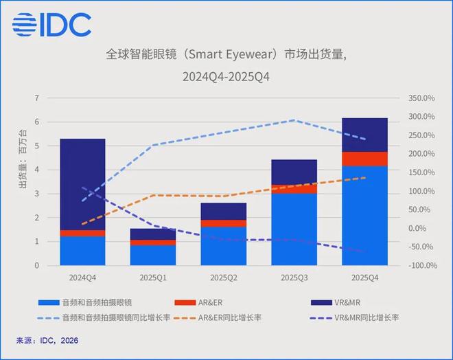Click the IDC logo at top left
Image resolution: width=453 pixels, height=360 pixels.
(51, 25)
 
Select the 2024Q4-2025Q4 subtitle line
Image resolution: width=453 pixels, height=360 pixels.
(226, 76)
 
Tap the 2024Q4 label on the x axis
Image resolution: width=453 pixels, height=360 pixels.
(82, 278)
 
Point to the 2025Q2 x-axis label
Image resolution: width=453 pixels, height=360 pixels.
(223, 278)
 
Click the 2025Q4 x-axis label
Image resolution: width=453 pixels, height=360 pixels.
(364, 278)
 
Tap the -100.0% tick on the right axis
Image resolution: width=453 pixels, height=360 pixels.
(421, 266)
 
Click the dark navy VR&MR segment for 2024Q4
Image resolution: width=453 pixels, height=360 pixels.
(82, 184)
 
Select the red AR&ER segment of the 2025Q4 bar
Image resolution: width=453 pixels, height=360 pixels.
(364, 159)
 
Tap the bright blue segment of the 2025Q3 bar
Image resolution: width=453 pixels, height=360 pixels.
(294, 229)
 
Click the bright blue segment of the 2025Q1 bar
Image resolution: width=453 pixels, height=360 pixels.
(153, 255)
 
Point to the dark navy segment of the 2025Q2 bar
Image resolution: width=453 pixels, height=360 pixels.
(223, 211)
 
